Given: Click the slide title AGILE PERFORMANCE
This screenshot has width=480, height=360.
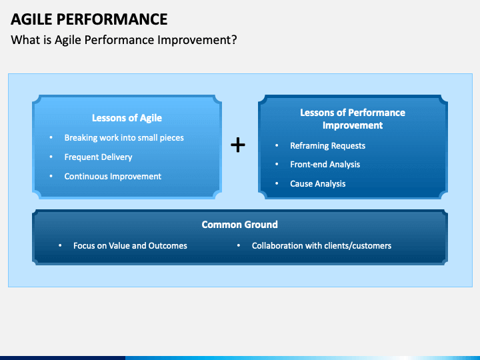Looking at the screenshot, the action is tap(89, 19).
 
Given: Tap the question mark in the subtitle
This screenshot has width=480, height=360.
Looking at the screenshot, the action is tap(234, 40).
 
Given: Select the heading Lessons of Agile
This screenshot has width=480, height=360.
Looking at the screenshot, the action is tap(127, 118).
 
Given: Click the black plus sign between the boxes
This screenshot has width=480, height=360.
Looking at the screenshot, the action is tap(238, 145).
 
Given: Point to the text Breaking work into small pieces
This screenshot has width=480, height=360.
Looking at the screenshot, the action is tap(124, 138).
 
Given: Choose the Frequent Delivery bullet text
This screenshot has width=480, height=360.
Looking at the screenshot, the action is tap(98, 157).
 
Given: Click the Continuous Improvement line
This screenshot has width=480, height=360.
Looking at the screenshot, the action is tap(113, 176).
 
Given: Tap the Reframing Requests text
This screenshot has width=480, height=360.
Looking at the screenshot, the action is tap(327, 146).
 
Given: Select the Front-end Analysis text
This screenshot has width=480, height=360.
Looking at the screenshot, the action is tap(325, 165).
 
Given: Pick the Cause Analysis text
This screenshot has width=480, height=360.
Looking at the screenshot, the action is tap(318, 184).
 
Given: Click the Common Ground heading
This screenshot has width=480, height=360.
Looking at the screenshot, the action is tap(240, 225).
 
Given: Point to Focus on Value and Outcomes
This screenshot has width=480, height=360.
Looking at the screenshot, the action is tap(130, 245).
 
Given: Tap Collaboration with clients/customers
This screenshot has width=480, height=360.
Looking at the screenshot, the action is tap(321, 245).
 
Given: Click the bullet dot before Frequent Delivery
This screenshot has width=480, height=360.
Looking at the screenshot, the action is tap(51, 157).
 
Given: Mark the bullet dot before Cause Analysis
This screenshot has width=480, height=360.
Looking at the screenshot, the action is tap(277, 183).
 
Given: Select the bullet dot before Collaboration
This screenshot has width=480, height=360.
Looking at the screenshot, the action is tap(239, 245).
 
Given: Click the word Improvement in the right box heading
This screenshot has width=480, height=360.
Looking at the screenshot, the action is tap(353, 125).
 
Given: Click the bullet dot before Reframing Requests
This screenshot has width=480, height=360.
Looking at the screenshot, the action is tap(277, 145).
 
